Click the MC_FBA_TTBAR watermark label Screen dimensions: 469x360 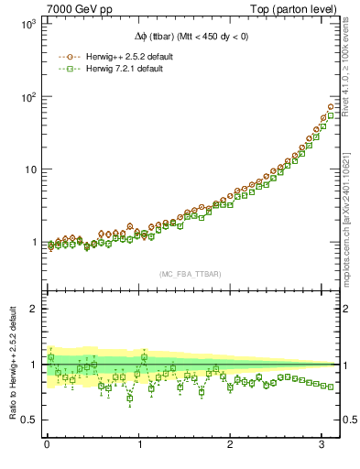[190, 274]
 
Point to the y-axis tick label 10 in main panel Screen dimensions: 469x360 [29, 169]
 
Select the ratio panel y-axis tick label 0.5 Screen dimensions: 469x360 [28, 420]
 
